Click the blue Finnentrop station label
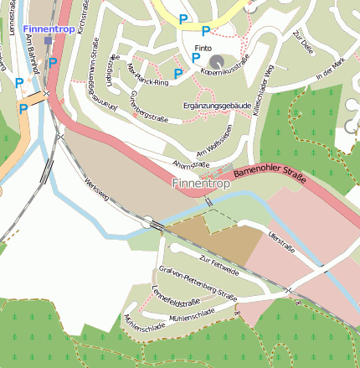[49, 29]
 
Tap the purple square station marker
[49, 39]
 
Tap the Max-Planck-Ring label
[145, 73]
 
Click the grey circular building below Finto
[217, 62]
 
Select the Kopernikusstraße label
[226, 67]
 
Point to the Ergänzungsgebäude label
[217, 106]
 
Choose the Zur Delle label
[302, 43]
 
